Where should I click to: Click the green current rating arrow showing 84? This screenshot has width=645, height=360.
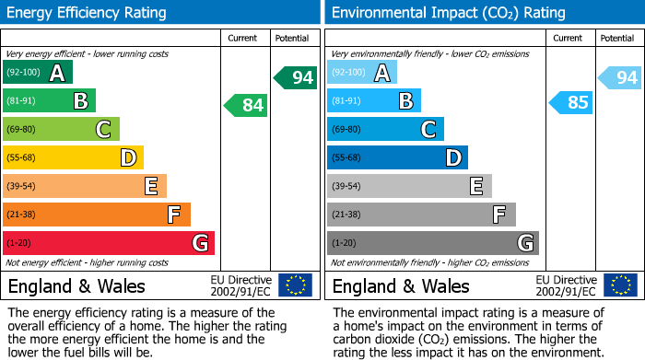[246, 106]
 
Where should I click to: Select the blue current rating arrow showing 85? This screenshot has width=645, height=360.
[571, 102]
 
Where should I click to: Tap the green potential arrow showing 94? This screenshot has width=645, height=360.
[296, 77]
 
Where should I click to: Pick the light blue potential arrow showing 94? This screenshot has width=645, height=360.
[620, 77]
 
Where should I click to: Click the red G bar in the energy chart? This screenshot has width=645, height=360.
[108, 243]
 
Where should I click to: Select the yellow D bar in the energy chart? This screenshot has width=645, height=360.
[73, 157]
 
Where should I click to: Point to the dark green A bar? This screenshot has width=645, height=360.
[37, 73]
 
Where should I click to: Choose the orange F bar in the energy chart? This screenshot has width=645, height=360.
[96, 215]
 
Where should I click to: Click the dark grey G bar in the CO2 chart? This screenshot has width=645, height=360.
[432, 243]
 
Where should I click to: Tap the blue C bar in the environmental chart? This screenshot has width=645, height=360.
[385, 130]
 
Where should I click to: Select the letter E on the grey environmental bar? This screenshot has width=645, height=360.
[475, 186]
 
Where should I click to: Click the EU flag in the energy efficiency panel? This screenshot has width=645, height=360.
[295, 285]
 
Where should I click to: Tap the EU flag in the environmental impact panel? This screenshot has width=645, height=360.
[620, 285]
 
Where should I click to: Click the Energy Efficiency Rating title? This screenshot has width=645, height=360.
[88, 13]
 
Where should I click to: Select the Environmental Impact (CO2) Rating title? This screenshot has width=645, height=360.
[448, 13]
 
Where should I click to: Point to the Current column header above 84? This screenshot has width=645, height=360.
[244, 38]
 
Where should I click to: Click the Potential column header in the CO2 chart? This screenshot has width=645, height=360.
[617, 38]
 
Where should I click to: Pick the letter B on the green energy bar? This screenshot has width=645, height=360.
[80, 101]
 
